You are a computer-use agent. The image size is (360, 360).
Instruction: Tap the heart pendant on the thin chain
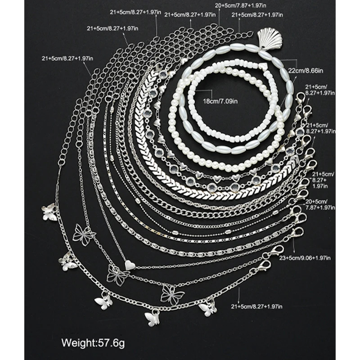pos(130,265)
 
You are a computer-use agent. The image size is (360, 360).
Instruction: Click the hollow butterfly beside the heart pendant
pos(118,275)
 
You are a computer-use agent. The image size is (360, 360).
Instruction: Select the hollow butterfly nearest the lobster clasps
pos(172,295)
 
